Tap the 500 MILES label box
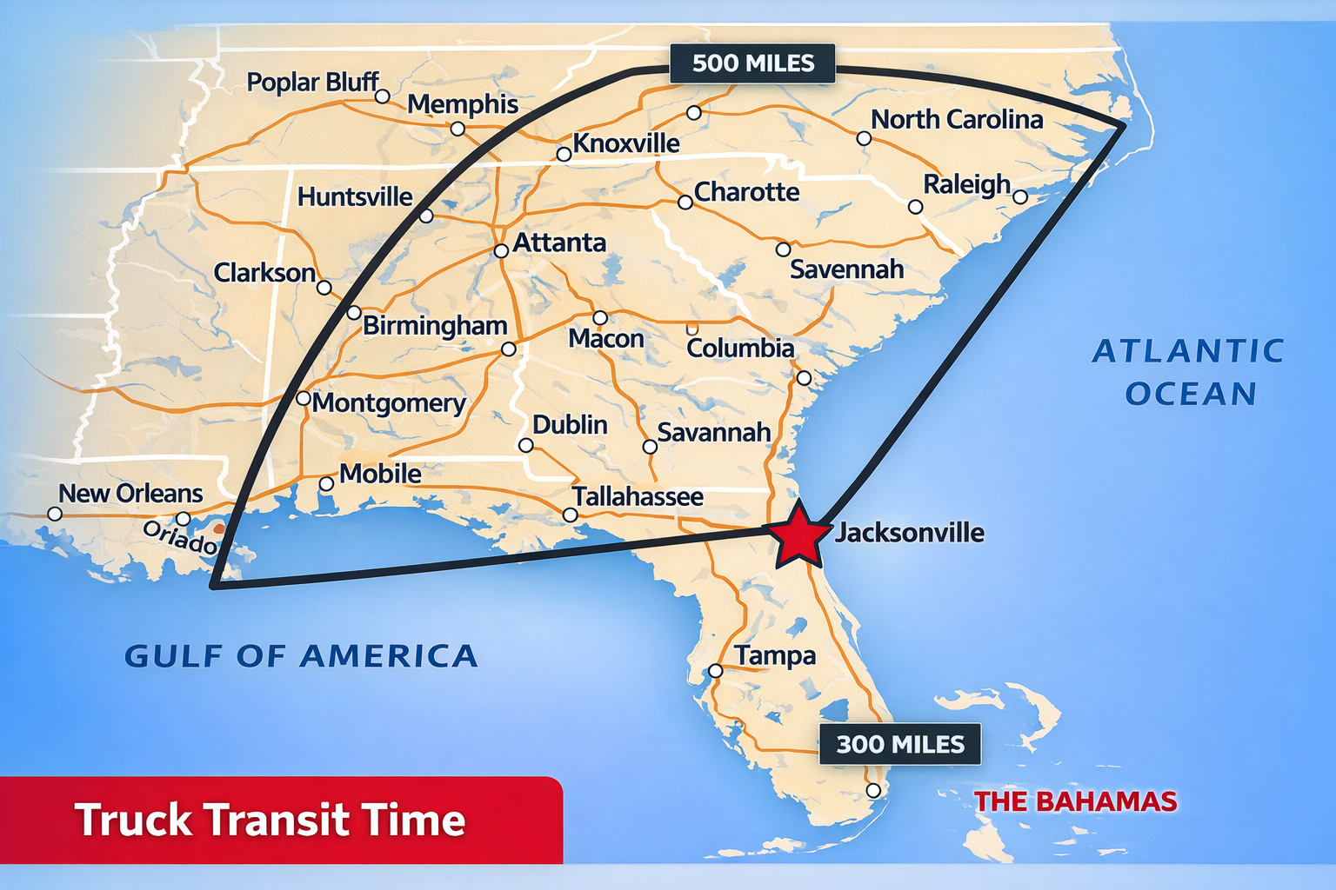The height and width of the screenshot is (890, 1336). coord(752,63)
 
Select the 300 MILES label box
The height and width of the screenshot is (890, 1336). coord(900,745)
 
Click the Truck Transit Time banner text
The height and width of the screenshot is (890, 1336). coord(270,820)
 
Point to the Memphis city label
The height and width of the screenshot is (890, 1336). coord(463,104)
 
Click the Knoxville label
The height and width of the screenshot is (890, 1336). coord(626,143)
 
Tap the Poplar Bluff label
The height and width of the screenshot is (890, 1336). coord(313,83)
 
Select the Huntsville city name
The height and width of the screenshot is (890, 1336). coord(355,197)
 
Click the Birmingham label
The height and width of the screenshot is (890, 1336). coord(435,326)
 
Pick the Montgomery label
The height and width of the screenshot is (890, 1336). coord(390,403)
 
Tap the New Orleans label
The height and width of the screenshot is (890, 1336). coord(130,494)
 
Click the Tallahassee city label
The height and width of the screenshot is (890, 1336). coord(638,497)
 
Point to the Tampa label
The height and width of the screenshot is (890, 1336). coord(775,656)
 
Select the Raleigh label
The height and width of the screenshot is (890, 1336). coord(966,185)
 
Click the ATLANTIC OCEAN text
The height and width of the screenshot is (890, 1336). coord(1189,372)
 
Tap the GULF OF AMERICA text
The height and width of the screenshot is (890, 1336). coord(301,656)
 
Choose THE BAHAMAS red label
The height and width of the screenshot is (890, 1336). coord(1075,801)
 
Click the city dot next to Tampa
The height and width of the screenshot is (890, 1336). coord(715,671)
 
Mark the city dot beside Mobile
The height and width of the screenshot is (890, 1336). coord(326,484)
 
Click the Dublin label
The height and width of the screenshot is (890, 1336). coord(570,425)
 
